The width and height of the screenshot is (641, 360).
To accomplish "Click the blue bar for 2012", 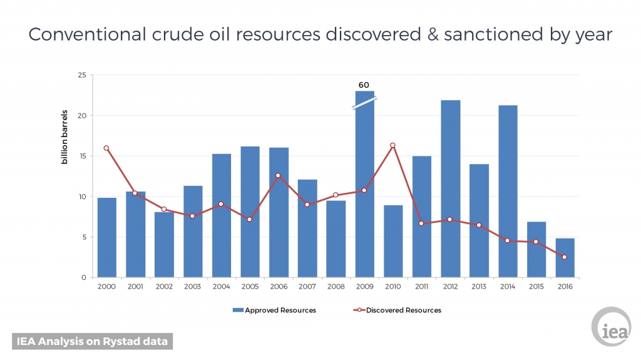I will tap(451, 188).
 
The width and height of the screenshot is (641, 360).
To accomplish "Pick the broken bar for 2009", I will tap(365, 188).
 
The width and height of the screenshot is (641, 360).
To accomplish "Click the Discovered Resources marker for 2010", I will tap(393, 145).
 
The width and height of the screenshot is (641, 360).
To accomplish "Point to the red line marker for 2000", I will tap(106, 148).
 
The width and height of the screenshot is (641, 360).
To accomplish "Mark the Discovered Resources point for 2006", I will tap(279, 175).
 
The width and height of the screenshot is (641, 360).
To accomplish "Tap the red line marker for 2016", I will tap(565, 257).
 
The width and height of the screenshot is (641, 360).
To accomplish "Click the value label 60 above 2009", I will tap(364, 85).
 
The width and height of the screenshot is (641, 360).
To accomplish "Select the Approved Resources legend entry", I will tap(275, 310).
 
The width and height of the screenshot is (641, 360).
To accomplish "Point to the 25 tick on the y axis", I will tap(81, 75).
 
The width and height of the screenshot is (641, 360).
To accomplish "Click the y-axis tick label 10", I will tap(81, 197).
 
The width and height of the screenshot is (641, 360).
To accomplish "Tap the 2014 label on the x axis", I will tap(508, 286).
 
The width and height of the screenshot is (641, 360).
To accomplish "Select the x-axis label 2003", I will tap(193, 286).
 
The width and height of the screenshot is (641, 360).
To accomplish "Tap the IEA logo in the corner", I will tap(611, 327).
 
